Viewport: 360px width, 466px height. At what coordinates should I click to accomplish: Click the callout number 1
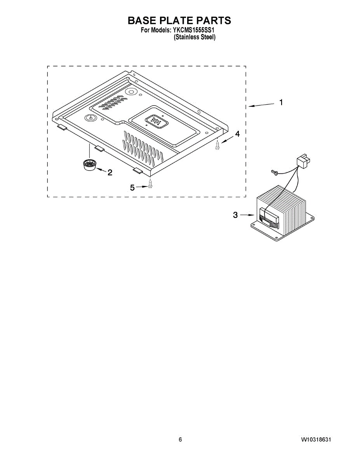click(281, 103)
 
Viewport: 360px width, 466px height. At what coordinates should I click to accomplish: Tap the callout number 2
click(110, 172)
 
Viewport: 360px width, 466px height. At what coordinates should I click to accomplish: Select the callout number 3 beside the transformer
click(235, 215)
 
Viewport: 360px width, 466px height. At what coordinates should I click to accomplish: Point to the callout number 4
click(237, 133)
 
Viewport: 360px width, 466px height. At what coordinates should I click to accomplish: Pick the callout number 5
click(132, 188)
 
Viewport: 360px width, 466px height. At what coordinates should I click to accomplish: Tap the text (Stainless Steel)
click(195, 37)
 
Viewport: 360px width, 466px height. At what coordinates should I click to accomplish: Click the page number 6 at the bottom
click(180, 440)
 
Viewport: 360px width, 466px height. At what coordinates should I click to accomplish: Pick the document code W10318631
click(316, 440)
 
